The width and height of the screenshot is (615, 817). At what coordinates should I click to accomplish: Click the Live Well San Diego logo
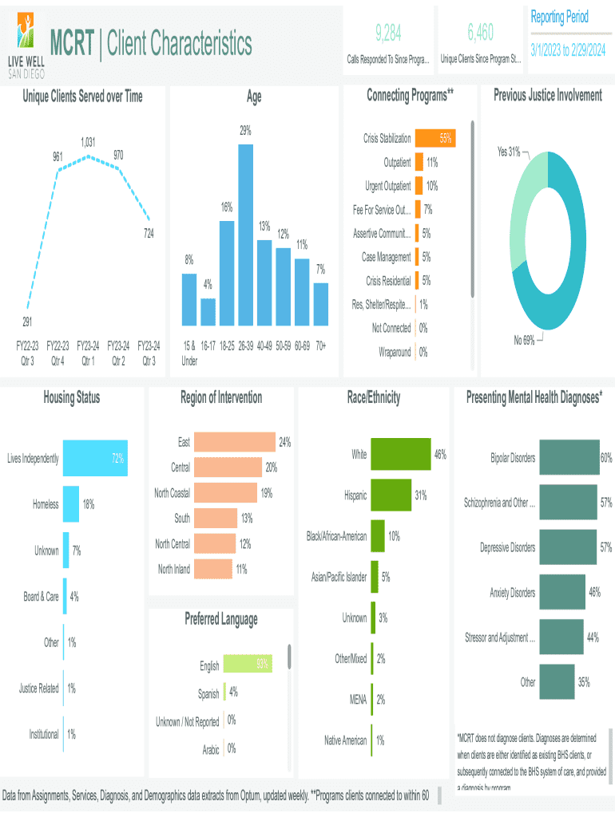pos(26,45)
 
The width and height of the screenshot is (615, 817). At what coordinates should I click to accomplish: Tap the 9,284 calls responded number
pos(388,32)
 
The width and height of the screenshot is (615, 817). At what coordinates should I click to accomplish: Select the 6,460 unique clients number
pos(481,32)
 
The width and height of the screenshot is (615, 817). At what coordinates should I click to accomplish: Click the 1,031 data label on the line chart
pos(88,142)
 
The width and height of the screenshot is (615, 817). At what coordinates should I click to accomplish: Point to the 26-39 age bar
pos(245,235)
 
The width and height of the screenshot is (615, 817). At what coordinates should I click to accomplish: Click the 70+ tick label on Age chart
pos(320,345)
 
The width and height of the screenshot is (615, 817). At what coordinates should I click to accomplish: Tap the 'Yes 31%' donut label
pos(509,151)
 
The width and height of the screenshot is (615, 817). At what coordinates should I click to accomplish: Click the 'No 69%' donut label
pos(524,341)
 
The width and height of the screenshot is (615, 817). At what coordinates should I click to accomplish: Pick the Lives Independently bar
pos(95,459)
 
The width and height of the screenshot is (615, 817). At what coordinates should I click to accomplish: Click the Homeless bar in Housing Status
pos(71,504)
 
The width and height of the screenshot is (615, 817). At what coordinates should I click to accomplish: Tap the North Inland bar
pos(212,569)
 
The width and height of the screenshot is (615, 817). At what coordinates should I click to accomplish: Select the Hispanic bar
pos(391,495)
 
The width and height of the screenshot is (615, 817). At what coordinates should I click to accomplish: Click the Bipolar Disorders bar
pos(569,458)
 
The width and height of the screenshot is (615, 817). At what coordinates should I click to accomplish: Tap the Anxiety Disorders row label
pos(512,593)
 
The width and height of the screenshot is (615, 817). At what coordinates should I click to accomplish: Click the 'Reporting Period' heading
pos(559,17)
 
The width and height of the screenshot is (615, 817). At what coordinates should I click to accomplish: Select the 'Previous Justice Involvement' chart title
pos(547,96)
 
